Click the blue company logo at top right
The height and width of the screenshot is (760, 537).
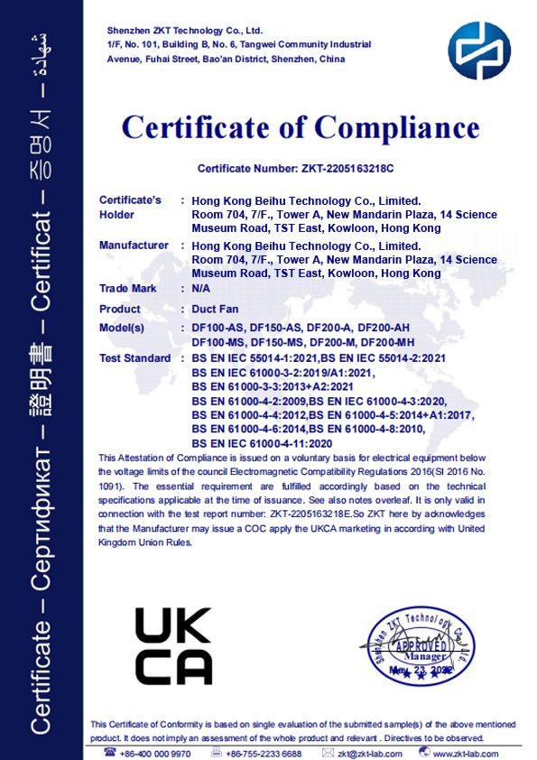coord(479,51)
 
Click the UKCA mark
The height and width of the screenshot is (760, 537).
coord(174,646)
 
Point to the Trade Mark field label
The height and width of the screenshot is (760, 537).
coord(127,289)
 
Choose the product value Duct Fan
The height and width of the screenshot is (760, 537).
coord(216,309)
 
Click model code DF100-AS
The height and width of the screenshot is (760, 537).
coord(218,328)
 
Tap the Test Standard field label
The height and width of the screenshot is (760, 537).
coord(134,358)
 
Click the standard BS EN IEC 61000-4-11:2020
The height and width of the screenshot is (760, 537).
coord(263,444)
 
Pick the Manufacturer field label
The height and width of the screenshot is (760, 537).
coord(134,246)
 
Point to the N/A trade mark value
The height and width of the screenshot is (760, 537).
coord(201,289)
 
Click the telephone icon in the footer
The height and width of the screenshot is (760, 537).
coord(110,752)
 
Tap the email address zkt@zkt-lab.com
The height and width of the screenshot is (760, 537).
coord(368,753)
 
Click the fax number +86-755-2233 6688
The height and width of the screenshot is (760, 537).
coord(264,753)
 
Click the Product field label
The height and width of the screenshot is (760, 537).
coord(120,309)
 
